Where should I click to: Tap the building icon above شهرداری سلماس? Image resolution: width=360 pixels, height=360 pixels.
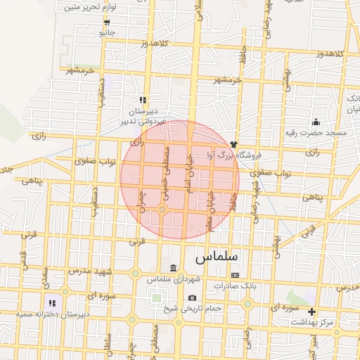(174, 269)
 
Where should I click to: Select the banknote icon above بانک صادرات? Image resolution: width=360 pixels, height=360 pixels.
(235, 275)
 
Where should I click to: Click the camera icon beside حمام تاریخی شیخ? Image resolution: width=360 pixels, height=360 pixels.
(192, 297)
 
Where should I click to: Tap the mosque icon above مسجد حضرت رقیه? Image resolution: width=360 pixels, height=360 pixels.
(316, 121)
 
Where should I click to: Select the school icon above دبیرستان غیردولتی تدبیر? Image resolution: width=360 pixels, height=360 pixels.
(143, 100)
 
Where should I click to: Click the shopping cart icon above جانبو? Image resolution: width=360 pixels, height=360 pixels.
(106, 22)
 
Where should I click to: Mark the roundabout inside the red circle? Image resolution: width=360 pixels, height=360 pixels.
(162, 210)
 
